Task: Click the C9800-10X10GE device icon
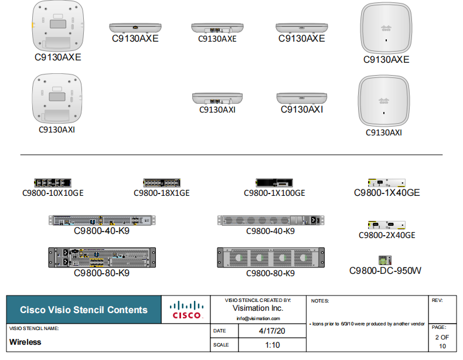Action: [52, 183]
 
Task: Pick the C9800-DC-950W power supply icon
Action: [385, 260]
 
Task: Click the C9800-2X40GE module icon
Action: [386, 226]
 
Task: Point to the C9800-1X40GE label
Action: [387, 192]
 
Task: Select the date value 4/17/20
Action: [273, 331]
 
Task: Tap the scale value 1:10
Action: [273, 345]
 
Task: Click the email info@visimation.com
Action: [258, 318]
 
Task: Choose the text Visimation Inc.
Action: [258, 308]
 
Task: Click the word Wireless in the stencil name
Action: [25, 342]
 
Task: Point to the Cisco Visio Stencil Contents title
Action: [84, 310]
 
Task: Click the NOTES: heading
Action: [320, 301]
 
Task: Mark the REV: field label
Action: [437, 300]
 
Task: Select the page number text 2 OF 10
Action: [442, 341]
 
